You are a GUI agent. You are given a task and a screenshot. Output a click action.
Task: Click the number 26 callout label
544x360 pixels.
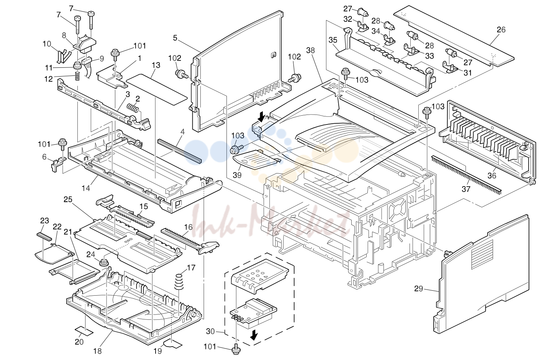point(501,29)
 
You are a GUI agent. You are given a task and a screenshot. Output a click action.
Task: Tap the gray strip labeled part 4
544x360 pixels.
point(179,151)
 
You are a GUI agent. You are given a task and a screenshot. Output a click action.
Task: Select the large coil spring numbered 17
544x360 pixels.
point(179,282)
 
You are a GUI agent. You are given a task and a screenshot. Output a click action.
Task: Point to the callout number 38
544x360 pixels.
point(310,50)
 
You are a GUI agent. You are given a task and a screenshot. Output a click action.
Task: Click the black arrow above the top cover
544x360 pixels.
point(261,117)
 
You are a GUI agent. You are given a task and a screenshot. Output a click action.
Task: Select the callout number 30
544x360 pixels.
point(210,331)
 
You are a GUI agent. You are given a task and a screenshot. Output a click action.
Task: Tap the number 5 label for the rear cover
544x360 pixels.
point(175,38)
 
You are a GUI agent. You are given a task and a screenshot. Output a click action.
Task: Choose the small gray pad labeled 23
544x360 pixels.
point(44,236)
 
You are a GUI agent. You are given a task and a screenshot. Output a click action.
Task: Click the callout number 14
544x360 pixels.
point(86,188)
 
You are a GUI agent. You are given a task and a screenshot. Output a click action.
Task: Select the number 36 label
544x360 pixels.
point(492,175)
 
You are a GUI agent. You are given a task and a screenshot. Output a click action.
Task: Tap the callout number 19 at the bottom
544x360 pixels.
point(158,351)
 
